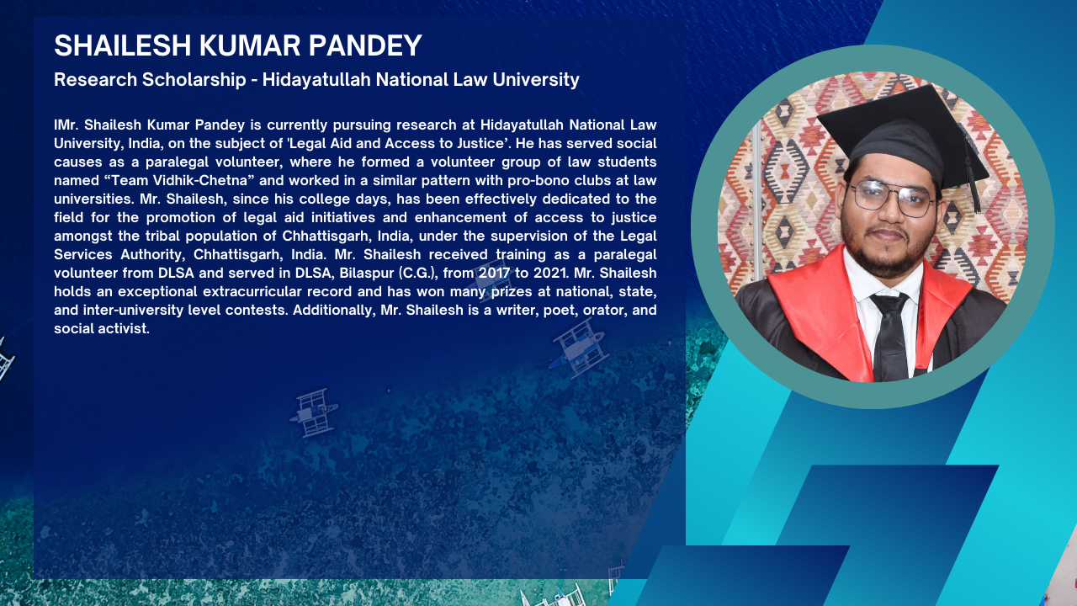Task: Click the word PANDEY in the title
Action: pyautogui.click(x=365, y=45)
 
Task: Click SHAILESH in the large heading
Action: pyautogui.click(x=123, y=45)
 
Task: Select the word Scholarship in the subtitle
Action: pyautogui.click(x=194, y=80)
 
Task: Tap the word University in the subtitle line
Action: pyautogui.click(x=536, y=80)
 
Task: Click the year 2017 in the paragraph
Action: pyautogui.click(x=494, y=273)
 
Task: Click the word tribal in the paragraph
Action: pyautogui.click(x=162, y=236)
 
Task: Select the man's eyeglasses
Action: pyautogui.click(x=890, y=198)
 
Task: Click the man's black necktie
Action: pyautogui.click(x=890, y=336)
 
